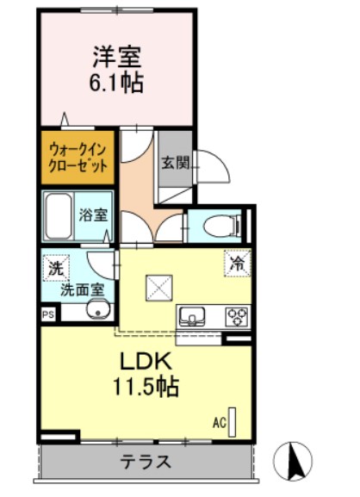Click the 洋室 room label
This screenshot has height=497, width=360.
click(x=117, y=59)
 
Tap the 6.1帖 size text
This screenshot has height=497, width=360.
click(x=117, y=84)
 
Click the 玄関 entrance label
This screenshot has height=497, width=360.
click(x=171, y=160)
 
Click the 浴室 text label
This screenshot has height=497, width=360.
click(x=94, y=215)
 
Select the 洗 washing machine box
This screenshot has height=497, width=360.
click(x=54, y=268)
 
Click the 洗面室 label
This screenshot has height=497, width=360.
click(x=82, y=289)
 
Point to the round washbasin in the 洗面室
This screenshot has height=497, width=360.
click(x=84, y=309)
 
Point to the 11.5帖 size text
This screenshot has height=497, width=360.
click(x=145, y=388)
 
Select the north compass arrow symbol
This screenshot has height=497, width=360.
click(x=294, y=462)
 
